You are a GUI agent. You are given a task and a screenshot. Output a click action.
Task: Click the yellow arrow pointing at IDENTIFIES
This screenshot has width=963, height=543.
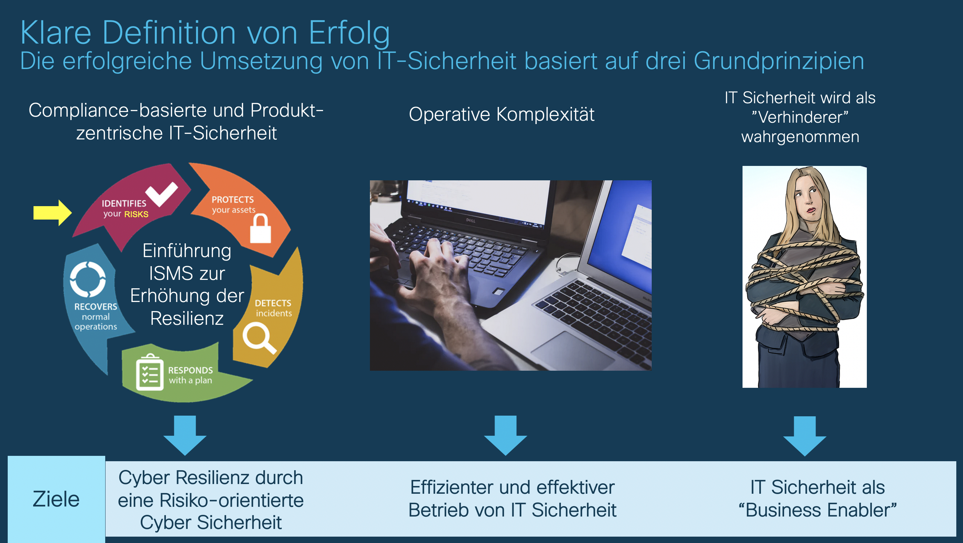pos(52,213)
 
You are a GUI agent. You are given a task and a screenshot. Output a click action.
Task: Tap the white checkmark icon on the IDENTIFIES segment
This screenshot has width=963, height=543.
pos(162,194)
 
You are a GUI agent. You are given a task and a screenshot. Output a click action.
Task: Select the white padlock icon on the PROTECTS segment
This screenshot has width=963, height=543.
pos(260,229)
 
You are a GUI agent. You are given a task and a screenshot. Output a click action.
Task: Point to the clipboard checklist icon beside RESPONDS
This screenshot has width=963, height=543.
pos(149,372)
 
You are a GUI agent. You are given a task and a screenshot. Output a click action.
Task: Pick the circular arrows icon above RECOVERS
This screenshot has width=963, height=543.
pos(88,279)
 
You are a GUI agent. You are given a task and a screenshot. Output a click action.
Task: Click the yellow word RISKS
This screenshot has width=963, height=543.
pos(136,214)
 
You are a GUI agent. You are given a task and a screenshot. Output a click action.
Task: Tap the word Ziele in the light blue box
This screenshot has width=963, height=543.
pos(56,499)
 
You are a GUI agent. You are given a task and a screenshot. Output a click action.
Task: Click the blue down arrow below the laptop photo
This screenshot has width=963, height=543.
pos(505,435)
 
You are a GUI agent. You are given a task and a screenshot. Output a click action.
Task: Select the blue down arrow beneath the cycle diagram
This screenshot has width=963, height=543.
pos(185,435)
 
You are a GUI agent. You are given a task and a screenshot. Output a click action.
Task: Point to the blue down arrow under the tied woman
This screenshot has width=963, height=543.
pos(805,436)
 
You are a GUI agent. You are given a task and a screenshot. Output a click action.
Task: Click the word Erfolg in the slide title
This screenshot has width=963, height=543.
pos(349,33)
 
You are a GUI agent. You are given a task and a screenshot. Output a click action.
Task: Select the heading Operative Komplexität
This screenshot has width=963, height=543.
pos(502,114)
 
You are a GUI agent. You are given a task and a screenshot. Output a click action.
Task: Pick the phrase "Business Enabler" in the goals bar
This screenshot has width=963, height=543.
pos(818,510)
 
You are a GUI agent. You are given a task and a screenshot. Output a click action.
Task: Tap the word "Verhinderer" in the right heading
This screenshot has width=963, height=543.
pos(800,117)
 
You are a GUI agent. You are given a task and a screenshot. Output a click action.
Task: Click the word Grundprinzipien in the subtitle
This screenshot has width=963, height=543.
pos(779,61)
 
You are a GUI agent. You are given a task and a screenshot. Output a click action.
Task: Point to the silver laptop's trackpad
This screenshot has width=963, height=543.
pos(572,350)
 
